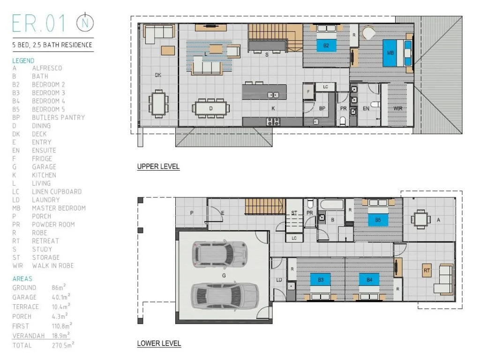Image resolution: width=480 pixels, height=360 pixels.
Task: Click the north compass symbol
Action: pos(85,22)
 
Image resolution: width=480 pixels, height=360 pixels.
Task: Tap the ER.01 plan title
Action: pos(41,23)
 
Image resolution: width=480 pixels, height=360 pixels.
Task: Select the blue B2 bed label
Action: pos(326,45)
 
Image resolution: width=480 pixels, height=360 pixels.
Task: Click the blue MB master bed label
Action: pos(390,52)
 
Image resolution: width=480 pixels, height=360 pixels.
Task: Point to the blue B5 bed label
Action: pos(377,219)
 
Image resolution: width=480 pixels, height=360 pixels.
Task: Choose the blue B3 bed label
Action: pos(321,280)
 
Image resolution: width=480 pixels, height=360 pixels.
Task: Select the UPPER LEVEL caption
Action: pos(158,166)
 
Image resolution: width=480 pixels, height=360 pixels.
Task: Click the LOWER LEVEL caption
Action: pos(159,344)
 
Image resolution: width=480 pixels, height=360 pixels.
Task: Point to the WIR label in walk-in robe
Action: pos(398,108)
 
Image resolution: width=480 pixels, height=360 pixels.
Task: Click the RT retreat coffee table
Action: pos(427,270)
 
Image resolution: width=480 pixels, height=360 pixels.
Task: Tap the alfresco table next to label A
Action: pos(420,219)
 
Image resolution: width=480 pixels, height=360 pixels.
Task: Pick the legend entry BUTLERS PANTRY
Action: pos(58,117)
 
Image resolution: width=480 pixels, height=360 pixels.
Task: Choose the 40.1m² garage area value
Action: pos(61,297)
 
